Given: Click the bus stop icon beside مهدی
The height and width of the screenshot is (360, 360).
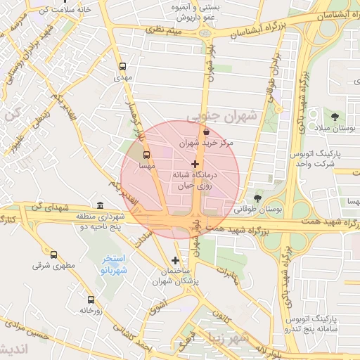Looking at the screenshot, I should [124, 65].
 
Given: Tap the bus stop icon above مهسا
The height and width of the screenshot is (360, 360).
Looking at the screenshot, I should [147, 154].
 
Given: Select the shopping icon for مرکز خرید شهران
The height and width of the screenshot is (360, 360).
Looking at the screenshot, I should [206, 131].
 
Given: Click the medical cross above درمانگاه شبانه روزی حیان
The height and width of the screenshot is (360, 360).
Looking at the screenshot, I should [195, 163].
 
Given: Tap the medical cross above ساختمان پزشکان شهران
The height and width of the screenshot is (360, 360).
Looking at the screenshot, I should [175, 260].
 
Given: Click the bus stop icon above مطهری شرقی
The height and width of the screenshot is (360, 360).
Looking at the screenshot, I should [54, 255].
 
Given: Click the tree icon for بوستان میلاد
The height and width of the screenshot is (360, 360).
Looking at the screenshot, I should [334, 116].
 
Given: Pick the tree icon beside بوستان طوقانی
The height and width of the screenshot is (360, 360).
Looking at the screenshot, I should [257, 199].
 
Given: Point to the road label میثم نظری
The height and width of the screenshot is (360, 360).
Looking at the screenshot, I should [163, 31].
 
